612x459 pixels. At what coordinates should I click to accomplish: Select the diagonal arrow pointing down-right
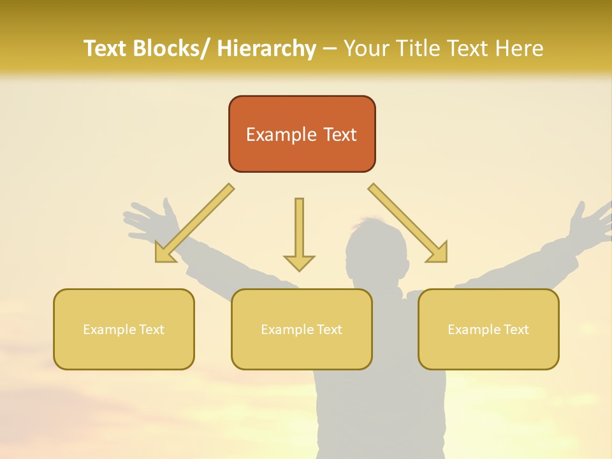click(409, 224)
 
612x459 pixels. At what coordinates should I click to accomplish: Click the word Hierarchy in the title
click(266, 48)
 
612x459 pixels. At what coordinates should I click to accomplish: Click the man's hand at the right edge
click(590, 223)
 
